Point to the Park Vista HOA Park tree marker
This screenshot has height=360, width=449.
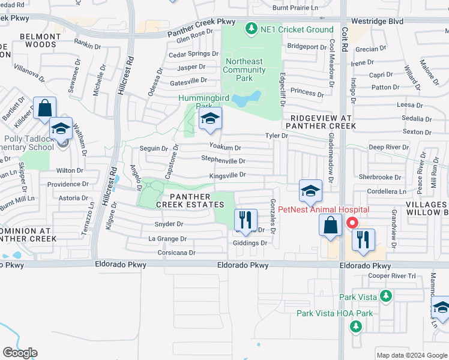tap(356, 326)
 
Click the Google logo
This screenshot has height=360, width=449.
tap(20, 353)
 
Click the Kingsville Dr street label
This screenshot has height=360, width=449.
tap(228, 175)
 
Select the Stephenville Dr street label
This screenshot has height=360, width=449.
tap(223, 161)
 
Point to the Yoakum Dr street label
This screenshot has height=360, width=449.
tap(225, 147)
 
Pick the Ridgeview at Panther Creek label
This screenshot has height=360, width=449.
tap(321, 122)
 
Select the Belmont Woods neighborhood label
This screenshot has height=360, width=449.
tap(40, 40)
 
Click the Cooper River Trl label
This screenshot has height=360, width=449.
tap(391, 276)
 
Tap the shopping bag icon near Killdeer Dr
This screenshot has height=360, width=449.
tap(44, 109)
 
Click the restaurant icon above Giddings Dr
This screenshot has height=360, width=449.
tap(245, 219)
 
